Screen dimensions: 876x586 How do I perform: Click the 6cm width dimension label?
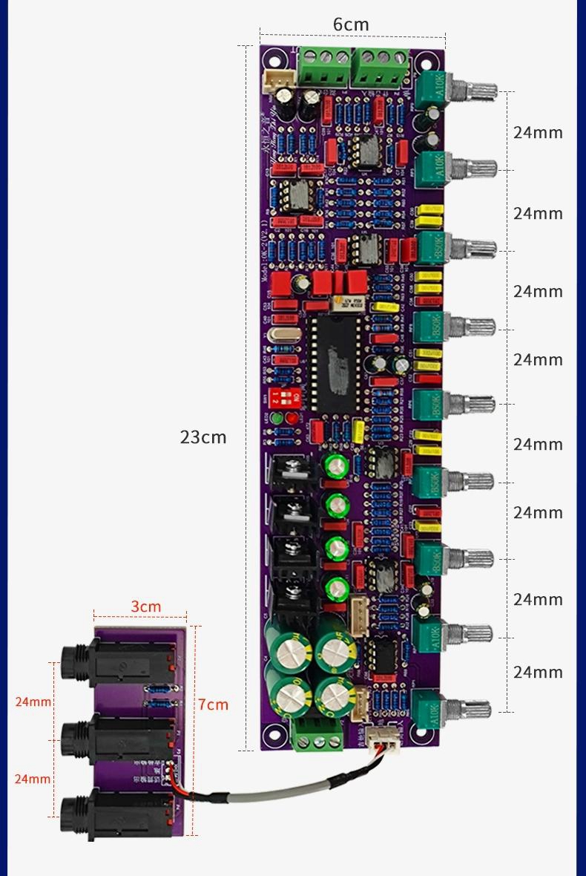(351, 24)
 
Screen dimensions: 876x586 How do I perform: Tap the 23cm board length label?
(203, 437)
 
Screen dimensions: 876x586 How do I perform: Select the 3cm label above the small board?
(146, 607)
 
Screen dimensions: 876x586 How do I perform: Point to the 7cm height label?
(214, 705)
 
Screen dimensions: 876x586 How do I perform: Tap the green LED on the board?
(277, 419)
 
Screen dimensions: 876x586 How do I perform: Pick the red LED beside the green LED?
(291, 419)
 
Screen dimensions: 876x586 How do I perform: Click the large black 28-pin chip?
(336, 362)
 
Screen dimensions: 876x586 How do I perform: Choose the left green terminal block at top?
(324, 68)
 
